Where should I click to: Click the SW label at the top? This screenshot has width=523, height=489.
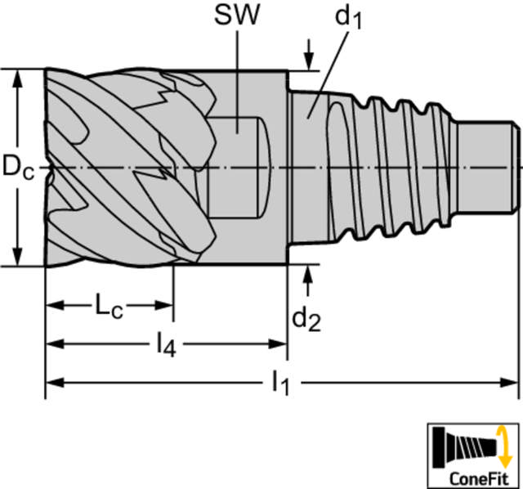click(236, 16)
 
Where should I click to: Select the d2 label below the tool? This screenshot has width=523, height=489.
click(306, 320)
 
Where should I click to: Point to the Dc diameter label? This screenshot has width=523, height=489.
click(18, 168)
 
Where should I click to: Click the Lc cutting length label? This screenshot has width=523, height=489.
click(110, 305)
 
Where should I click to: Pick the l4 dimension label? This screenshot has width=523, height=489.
click(167, 344)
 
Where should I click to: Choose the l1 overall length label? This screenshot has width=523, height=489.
click(279, 383)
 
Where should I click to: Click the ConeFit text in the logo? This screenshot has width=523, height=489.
click(479, 478)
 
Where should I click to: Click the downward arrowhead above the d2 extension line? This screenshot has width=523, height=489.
click(309, 61)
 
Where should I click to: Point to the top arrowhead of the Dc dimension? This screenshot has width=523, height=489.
click(17, 80)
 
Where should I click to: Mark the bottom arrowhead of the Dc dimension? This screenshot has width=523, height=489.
click(17, 256)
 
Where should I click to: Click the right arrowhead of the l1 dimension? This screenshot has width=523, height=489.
click(508, 383)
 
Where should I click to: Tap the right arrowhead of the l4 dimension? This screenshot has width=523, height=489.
click(278, 343)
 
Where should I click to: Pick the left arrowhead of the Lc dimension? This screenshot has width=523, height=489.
click(55, 305)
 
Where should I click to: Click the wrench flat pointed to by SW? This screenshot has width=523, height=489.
click(238, 167)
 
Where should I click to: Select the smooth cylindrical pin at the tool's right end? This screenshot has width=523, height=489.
click(488, 167)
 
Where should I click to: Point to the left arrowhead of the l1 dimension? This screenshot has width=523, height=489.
click(55, 383)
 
